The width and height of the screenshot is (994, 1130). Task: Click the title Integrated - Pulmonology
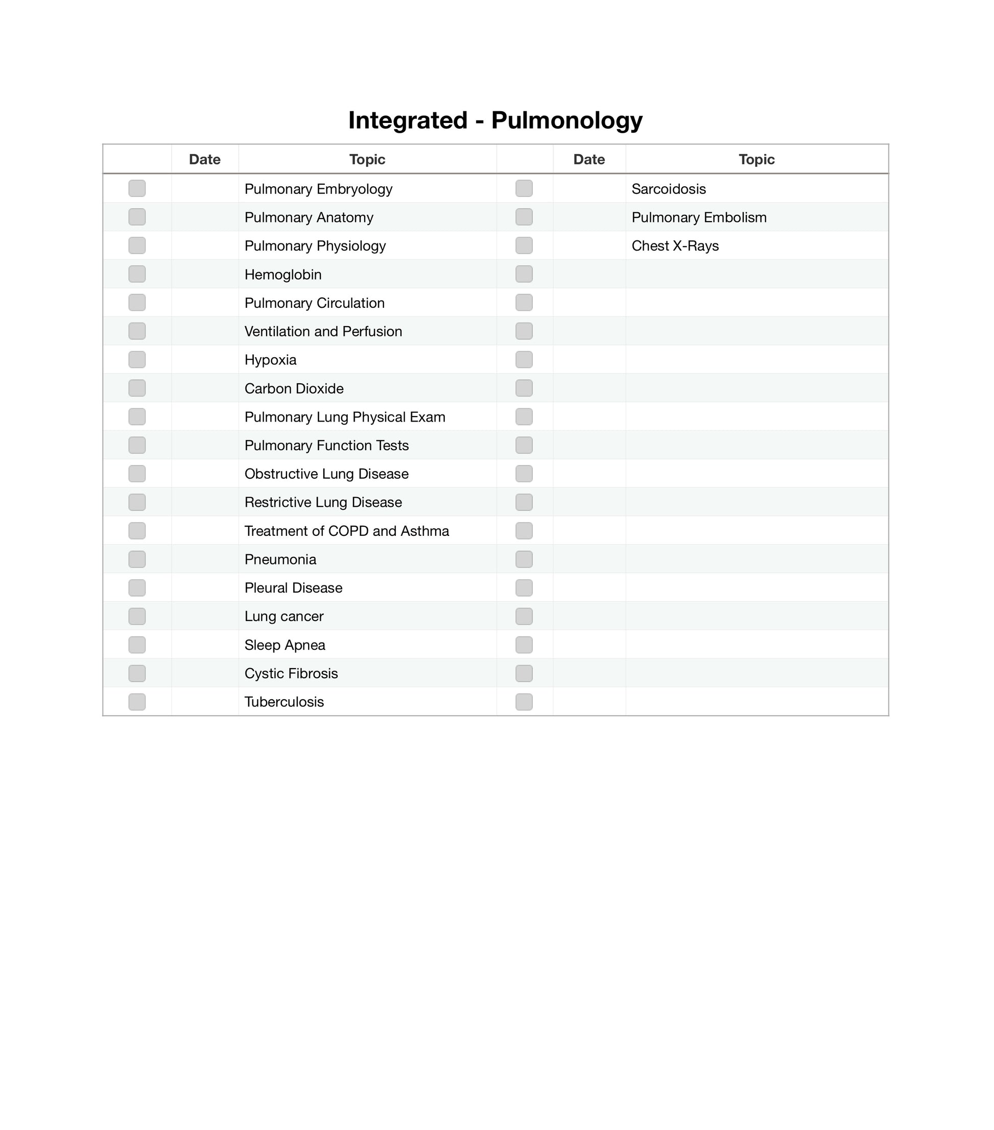click(495, 120)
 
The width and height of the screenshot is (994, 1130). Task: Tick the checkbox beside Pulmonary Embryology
click(136, 188)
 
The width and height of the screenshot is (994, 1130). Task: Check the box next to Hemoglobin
click(136, 274)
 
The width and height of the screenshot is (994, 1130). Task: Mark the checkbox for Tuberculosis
click(136, 702)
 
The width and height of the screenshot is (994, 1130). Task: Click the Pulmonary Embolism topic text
click(699, 217)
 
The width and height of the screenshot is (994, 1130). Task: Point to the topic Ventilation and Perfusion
click(323, 331)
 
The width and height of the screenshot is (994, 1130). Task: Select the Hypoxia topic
click(271, 360)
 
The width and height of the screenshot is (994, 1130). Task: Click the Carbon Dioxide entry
click(294, 388)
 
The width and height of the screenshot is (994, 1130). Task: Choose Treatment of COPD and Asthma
click(346, 531)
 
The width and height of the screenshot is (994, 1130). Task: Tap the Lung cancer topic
click(284, 617)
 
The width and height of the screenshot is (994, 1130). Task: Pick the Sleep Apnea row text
click(285, 645)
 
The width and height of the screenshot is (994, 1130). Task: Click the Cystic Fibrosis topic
click(291, 673)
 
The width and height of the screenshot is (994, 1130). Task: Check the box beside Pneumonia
click(136, 559)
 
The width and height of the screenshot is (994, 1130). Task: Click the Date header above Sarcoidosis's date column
click(588, 159)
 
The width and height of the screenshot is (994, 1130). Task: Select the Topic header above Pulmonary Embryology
click(367, 159)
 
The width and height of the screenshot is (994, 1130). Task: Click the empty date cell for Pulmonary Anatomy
click(205, 217)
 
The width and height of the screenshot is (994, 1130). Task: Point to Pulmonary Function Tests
click(326, 446)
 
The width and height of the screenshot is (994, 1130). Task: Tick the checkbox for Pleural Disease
click(136, 587)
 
